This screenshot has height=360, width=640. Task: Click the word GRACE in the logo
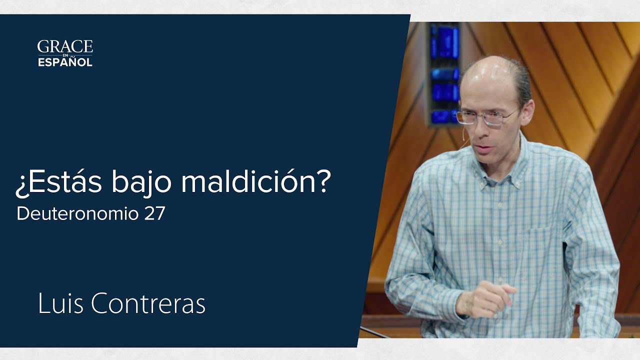tap(65, 47)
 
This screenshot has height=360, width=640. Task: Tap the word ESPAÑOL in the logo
tap(65, 62)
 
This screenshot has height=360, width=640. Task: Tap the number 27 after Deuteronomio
tap(154, 214)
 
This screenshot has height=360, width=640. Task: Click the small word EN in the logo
tap(65, 55)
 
